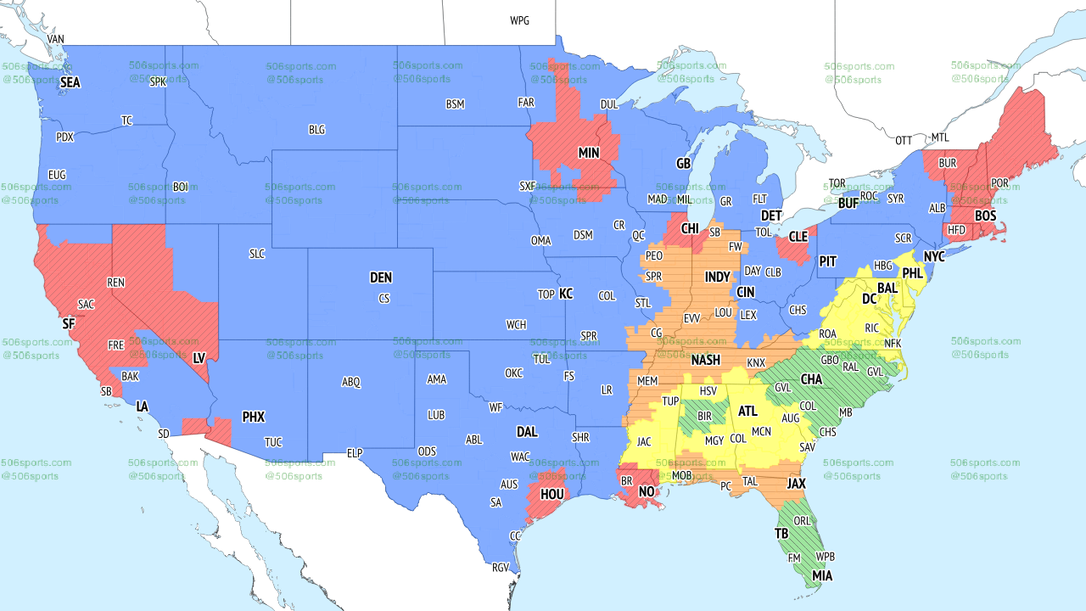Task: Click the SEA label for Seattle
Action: (70, 83)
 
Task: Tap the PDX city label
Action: (64, 137)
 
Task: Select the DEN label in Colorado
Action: (381, 277)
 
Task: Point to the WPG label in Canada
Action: (519, 20)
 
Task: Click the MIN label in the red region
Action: (589, 154)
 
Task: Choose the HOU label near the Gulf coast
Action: (552, 494)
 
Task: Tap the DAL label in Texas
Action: (527, 432)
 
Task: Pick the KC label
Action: (566, 294)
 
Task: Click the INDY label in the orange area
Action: (717, 277)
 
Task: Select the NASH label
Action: (705, 361)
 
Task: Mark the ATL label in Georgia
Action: (747, 412)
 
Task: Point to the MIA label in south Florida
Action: (820, 576)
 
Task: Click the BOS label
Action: (985, 216)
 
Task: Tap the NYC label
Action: (934, 256)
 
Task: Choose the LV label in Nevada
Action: (199, 359)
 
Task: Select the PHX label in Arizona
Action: (254, 418)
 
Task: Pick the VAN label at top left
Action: (56, 40)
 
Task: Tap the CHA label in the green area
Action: (811, 379)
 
